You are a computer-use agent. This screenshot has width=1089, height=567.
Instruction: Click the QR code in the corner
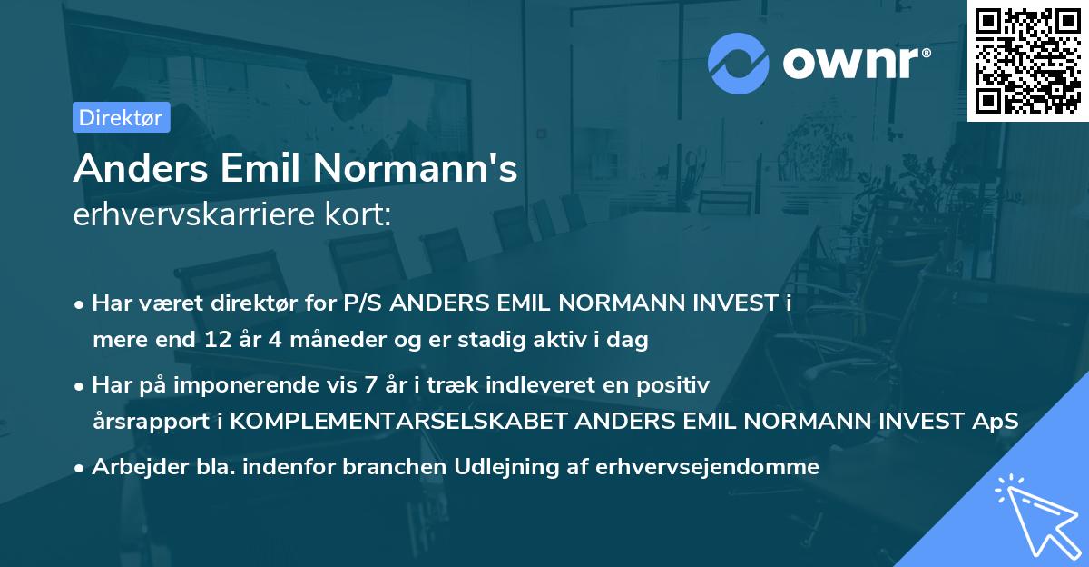(x=1027, y=60)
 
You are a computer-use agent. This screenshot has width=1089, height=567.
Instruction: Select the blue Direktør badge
(x=121, y=118)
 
